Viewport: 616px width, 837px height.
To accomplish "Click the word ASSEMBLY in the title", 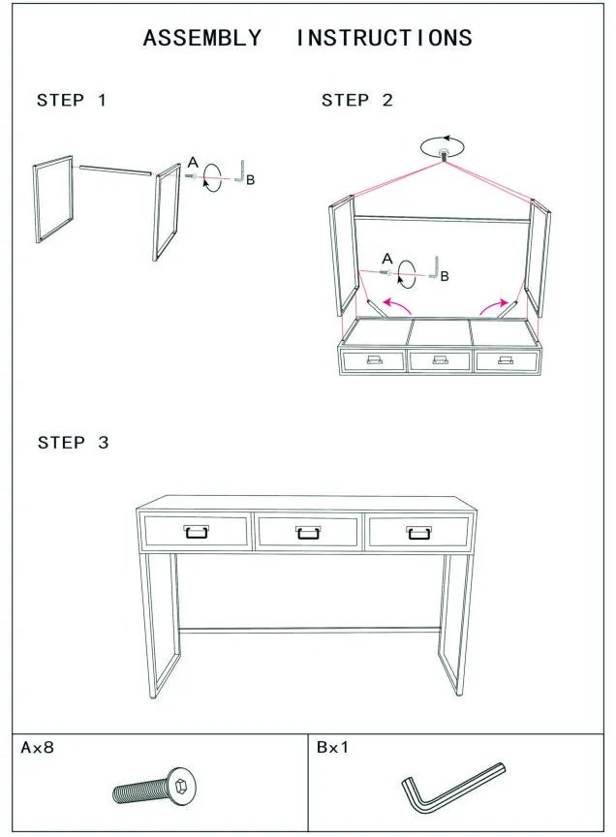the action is click(202, 38).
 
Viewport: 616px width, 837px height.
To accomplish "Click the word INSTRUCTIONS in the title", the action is click(385, 38).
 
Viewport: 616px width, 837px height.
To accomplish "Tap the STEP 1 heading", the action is click(72, 100).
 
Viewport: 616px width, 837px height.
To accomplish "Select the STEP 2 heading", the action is click(357, 100).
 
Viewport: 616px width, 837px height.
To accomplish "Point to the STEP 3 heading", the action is click(74, 442).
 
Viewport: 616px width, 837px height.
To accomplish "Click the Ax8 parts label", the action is click(38, 747).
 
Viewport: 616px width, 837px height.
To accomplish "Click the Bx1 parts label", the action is click(332, 747).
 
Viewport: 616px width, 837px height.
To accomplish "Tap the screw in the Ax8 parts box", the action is click(154, 788).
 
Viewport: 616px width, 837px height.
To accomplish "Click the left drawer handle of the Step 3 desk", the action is click(197, 532).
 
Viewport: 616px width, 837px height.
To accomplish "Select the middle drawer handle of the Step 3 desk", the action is click(308, 532).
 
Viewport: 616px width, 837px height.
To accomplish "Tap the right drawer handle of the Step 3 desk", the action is click(419, 532).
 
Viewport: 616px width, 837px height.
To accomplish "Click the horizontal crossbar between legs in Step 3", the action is click(310, 631).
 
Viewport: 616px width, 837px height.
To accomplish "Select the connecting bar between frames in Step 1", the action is click(116, 170).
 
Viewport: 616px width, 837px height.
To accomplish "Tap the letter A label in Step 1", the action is click(193, 163).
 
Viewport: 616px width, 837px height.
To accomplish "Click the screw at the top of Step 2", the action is click(442, 155).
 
